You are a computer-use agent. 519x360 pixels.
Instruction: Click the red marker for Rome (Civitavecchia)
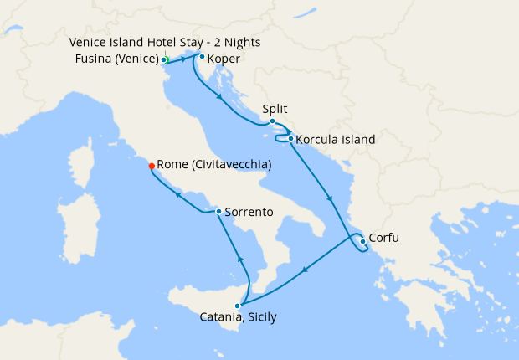pos(151,165)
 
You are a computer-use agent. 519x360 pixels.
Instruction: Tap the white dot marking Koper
pos(202,58)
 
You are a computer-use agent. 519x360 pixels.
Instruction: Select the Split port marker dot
pos(272,121)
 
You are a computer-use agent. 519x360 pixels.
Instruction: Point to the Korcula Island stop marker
pos(290,139)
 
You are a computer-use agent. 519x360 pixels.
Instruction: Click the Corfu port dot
pos(362,242)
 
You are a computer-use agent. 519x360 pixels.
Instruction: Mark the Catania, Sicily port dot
pos(238,306)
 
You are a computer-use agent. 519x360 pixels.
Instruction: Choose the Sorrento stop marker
pos(218,212)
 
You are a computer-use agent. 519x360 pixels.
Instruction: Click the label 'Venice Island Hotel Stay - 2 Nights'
pos(165,42)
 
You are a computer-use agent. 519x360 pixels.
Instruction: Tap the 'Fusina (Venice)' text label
pos(116,59)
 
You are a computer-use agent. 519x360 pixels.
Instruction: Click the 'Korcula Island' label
pos(336,140)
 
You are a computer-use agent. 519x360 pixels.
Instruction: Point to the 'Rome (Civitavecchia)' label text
pos(214,165)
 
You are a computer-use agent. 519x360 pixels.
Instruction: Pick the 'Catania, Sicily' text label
pos(238,318)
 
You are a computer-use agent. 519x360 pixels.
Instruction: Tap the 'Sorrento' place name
pos(249,213)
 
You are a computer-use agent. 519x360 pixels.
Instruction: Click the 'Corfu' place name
pos(383,239)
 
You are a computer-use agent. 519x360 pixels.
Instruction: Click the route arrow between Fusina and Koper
pos(183,60)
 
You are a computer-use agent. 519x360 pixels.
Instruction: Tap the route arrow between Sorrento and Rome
pos(177,196)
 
